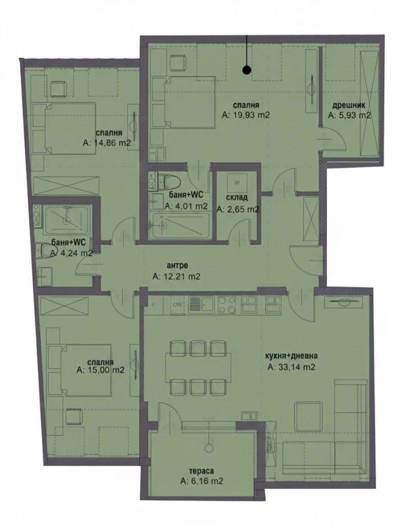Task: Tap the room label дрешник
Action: pyautogui.click(x=348, y=106)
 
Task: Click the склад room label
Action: pyautogui.click(x=236, y=198)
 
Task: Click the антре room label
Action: pyautogui.click(x=177, y=266)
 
